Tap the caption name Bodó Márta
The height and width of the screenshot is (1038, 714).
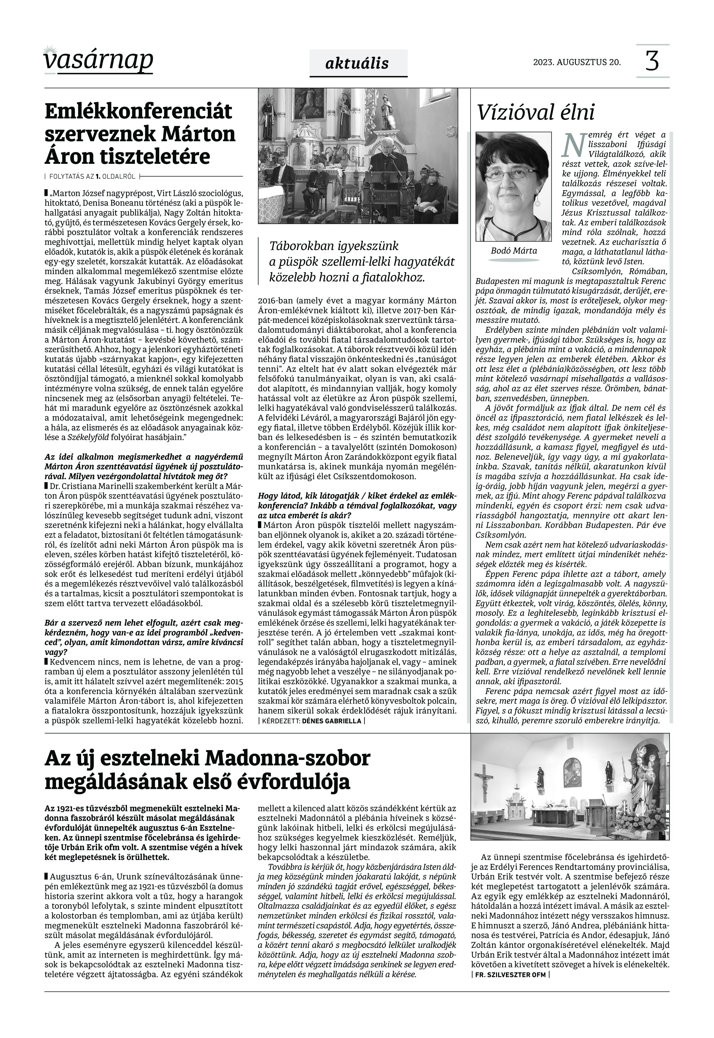pos(514,250)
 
